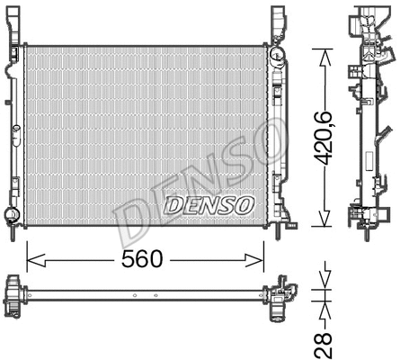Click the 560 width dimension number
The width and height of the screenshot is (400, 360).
click(x=143, y=259)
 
